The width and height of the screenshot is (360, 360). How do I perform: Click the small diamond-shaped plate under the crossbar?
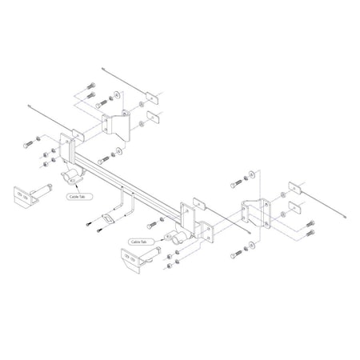click(108, 219)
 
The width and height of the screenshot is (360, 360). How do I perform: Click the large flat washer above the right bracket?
click(253, 174)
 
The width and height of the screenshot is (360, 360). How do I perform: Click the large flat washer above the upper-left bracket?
click(118, 95)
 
